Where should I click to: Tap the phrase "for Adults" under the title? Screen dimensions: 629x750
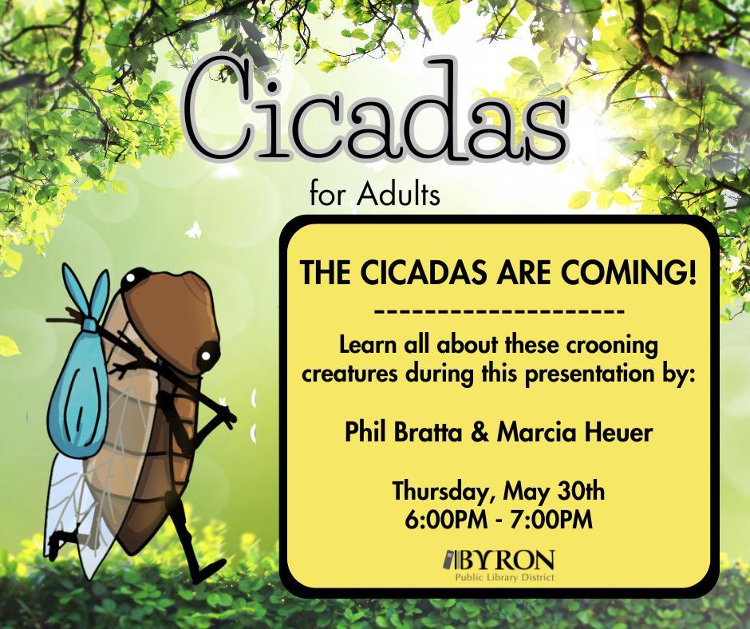(374, 195)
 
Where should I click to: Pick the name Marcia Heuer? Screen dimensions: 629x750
(574, 434)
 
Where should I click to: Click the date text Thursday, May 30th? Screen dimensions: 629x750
(499, 489)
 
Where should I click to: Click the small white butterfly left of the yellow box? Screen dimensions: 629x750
(193, 230)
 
